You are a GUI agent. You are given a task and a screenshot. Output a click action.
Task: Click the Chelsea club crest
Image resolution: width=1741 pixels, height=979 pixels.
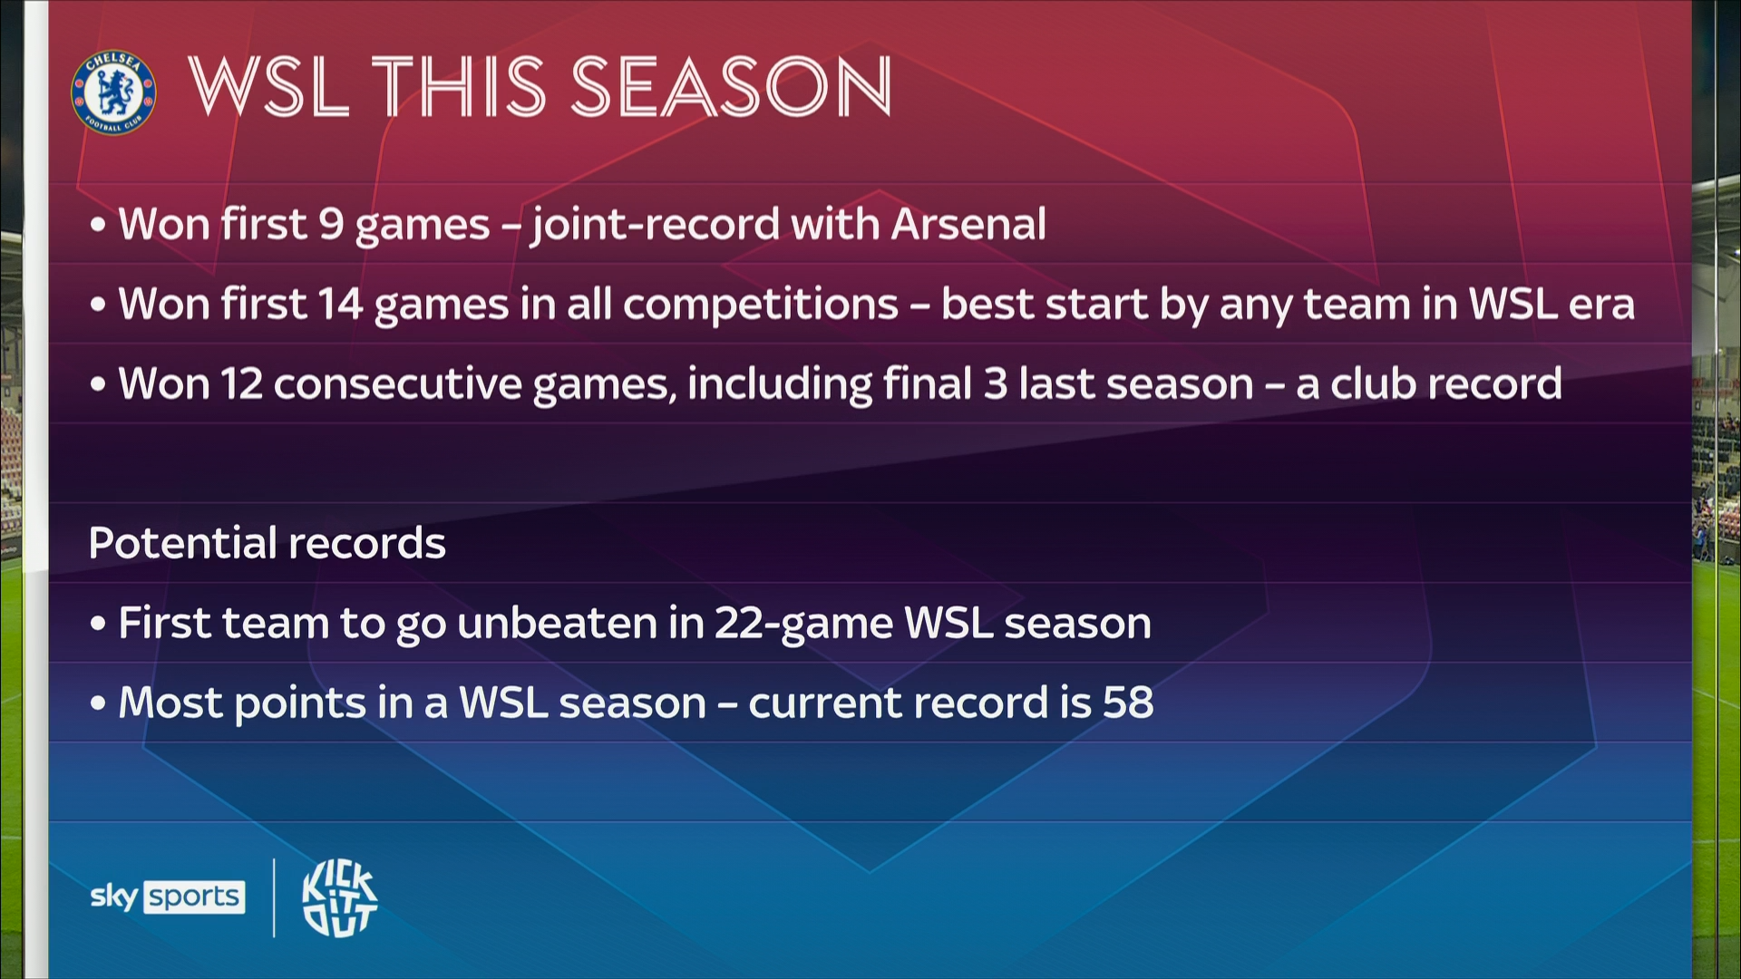coord(113,92)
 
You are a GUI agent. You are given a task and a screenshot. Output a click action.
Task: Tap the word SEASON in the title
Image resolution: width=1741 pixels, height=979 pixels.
coord(731,86)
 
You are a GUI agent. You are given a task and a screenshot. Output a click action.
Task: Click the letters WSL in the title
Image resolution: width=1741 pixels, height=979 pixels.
coord(269,86)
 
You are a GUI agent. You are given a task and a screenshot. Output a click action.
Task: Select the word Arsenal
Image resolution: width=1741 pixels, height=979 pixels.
coord(968,224)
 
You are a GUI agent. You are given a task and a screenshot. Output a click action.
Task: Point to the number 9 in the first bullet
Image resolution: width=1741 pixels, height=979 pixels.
coord(331,224)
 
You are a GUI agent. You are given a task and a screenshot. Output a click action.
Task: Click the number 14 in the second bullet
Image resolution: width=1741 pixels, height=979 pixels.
coord(341,304)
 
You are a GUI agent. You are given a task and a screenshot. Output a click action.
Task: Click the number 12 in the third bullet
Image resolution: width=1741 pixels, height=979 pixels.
coord(242,383)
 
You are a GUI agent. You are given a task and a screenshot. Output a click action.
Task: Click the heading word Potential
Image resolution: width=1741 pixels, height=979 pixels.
coord(182,543)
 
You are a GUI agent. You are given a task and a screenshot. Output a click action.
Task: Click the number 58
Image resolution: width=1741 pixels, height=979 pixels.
coord(1128,703)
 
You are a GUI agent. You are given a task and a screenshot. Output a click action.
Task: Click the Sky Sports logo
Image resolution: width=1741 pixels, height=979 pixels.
coord(168,897)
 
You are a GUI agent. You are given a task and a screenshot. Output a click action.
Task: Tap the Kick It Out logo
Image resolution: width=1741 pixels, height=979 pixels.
coord(339,897)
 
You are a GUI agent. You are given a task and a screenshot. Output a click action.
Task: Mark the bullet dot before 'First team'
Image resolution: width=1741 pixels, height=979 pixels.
coord(98,625)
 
